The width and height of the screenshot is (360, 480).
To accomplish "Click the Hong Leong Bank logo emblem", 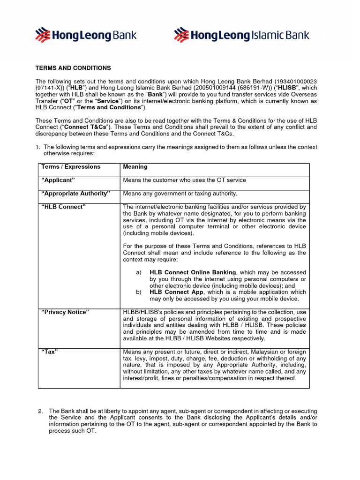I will [43, 35].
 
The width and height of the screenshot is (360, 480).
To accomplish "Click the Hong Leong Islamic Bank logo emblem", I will [181, 35].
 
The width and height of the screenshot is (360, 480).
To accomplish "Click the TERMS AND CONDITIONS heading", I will [73, 68].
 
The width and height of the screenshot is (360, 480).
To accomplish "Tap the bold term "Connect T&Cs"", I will [85, 127].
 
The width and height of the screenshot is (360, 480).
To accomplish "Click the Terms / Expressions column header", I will [71, 167].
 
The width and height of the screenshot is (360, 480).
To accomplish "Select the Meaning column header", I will [135, 167].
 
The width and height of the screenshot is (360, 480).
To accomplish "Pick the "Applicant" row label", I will [58, 180].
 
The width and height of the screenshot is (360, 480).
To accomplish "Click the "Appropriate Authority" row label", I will [75, 194].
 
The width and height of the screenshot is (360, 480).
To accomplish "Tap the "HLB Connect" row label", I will [63, 207].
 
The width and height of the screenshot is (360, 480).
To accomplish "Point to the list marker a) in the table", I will [139, 272].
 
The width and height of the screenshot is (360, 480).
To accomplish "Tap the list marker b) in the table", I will [139, 292].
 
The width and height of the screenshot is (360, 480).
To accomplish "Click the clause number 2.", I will [40, 411].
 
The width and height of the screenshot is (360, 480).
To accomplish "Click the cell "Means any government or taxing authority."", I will [180, 194].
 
